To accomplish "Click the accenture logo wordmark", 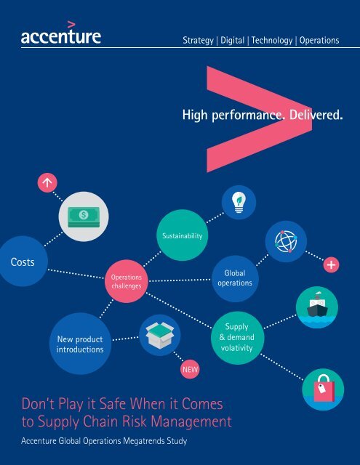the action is coord(61,33).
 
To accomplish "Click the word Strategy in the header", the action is coord(198,41).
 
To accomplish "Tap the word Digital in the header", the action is coord(233,41).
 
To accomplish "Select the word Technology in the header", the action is coord(272,41).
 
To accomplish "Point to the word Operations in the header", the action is coord(319,41).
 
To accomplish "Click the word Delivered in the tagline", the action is coord(316,115).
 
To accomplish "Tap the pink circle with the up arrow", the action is coord(47,182).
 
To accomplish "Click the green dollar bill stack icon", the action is coord(84,217).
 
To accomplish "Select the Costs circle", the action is coord(23,262).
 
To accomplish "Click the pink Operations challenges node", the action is coord(127,281).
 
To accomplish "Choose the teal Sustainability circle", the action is coord(183,235).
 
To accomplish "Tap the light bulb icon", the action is coord(239,202).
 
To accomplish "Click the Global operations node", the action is coord(235,278).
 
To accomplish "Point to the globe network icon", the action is coord(286,241).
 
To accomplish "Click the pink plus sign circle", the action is coord(331,264).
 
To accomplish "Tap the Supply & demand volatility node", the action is coord(237,337).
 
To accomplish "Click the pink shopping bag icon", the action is coord(324,388).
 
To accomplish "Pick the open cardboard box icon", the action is coord(160,335).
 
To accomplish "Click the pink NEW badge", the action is coord(190,370).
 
